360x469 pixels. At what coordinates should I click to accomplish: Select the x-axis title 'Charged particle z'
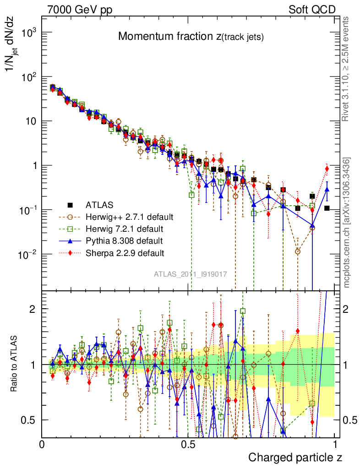(x=295, y=457)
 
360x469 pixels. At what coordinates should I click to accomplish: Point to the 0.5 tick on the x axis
(x=188, y=444)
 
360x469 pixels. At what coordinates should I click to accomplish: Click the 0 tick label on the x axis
(x=42, y=444)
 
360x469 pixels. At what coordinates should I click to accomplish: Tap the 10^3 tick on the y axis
(x=29, y=33)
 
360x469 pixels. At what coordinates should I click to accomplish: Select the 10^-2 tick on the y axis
(x=28, y=254)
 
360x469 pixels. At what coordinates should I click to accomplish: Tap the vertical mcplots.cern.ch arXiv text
(x=347, y=223)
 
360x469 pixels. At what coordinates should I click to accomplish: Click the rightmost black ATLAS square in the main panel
(x=327, y=208)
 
